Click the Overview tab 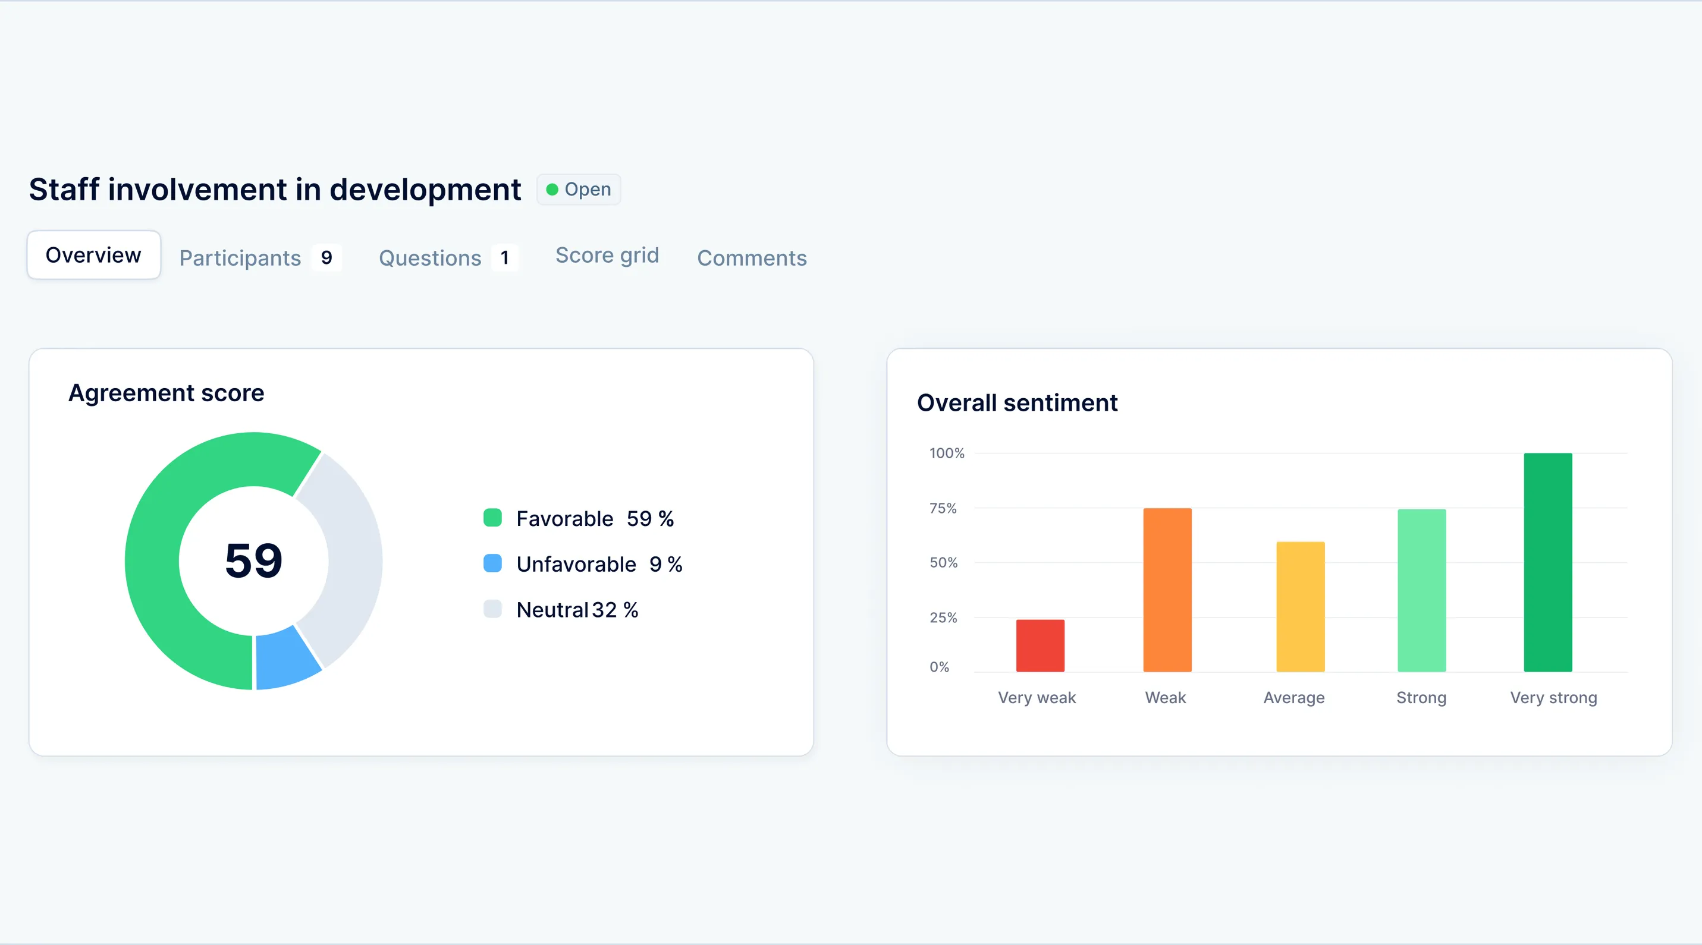pos(93,255)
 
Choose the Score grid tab pos(607,255)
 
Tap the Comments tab pos(751,257)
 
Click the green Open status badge pos(578,190)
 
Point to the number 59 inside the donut pos(254,560)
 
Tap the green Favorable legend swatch pos(492,518)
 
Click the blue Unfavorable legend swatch pos(492,563)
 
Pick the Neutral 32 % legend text pos(577,610)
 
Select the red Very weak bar pos(1040,646)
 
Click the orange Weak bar pos(1167,590)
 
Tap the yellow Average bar pos(1299,606)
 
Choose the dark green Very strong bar pos(1547,562)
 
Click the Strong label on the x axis pos(1421,697)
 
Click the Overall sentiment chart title pos(1017,403)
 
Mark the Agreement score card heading pos(167,393)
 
